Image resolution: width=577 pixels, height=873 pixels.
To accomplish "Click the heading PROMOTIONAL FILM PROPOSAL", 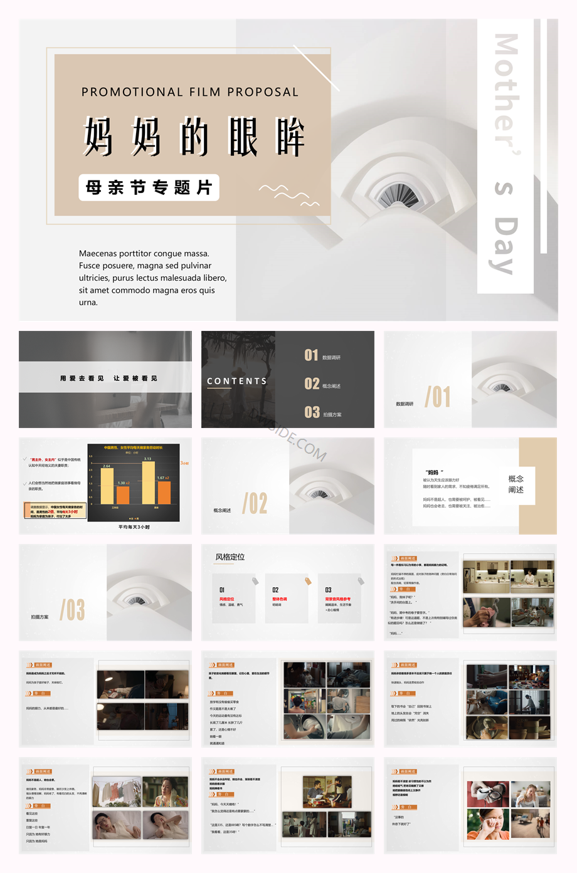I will point(190,92).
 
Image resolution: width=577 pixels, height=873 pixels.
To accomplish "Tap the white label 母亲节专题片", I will point(149,187).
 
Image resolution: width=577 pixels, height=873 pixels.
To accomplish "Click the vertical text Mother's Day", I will point(506,154).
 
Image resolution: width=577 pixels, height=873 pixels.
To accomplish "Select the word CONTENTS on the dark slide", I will point(237,381).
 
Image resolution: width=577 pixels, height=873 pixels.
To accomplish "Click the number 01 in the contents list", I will point(311,355).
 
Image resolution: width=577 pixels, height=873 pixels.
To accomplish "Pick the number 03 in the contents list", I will point(312,412).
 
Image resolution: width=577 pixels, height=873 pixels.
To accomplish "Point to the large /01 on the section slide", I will point(438,397).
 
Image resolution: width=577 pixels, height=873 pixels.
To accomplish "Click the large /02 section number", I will point(255,503).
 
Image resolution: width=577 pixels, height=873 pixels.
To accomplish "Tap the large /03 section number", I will point(72,610).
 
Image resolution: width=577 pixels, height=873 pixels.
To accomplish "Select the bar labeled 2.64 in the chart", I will point(107,486).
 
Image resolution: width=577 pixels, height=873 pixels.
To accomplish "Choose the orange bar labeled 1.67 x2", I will point(164,492).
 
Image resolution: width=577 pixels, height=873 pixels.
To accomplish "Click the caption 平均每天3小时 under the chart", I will point(134,527).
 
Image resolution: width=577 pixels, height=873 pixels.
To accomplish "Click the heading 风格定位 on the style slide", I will point(230,557).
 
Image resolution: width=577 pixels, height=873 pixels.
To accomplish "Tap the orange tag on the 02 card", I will point(308,581).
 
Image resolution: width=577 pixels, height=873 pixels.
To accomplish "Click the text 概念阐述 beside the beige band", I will point(516,484).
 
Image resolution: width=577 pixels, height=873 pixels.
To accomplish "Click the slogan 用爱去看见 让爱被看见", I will point(109,379).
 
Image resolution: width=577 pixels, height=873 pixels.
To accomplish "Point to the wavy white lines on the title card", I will point(288,194).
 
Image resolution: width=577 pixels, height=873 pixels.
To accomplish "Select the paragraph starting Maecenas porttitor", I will point(152,278).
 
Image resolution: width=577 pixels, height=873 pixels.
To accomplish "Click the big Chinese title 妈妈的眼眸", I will point(194,137).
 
